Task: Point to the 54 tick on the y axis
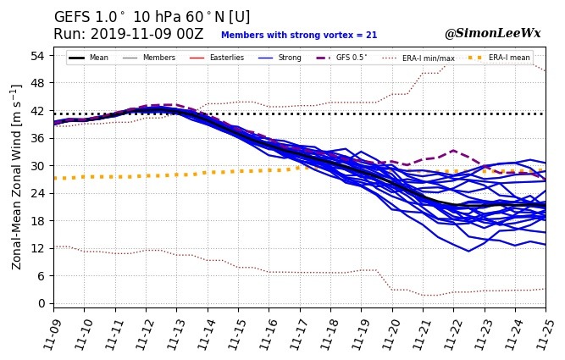pyautogui.click(x=38, y=56)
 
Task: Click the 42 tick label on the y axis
pyautogui.click(x=38, y=111)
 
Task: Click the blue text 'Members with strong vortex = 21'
pyautogui.click(x=299, y=36)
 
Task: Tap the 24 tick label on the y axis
pyautogui.click(x=38, y=193)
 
